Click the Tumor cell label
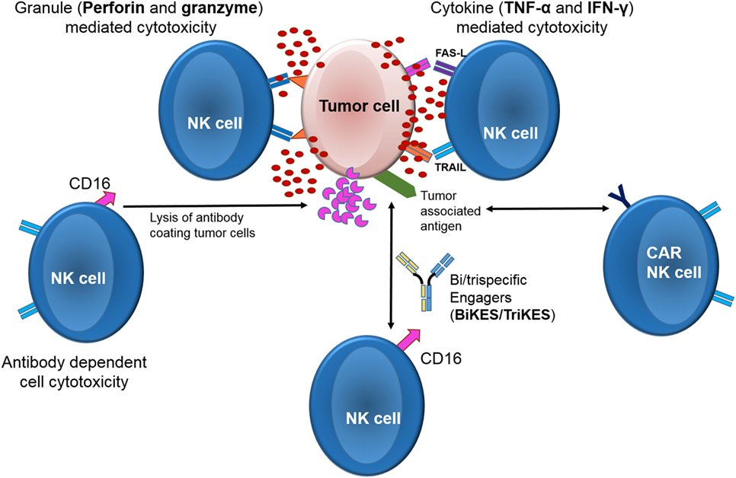click(x=359, y=106)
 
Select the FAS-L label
click(x=450, y=53)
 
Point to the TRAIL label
click(x=450, y=167)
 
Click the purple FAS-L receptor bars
click(x=444, y=68)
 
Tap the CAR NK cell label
click(x=674, y=263)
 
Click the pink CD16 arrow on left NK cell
click(x=105, y=197)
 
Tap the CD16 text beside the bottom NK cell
click(x=440, y=358)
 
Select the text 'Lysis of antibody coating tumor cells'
click(x=203, y=225)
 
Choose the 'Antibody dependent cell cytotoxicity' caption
click(x=74, y=372)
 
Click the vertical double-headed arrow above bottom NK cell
click(x=391, y=267)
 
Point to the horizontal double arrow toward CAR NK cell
click(x=547, y=209)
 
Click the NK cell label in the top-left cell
click(x=215, y=123)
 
